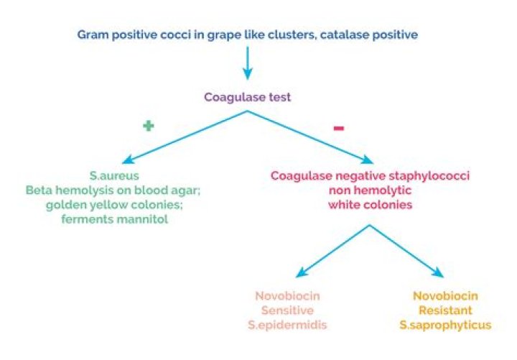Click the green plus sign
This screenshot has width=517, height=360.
[x=149, y=126]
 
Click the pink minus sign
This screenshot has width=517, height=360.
[x=339, y=128]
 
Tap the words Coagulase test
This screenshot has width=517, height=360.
[x=247, y=98]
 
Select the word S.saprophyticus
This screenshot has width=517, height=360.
[x=446, y=326]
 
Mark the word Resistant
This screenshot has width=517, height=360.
[x=446, y=310]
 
